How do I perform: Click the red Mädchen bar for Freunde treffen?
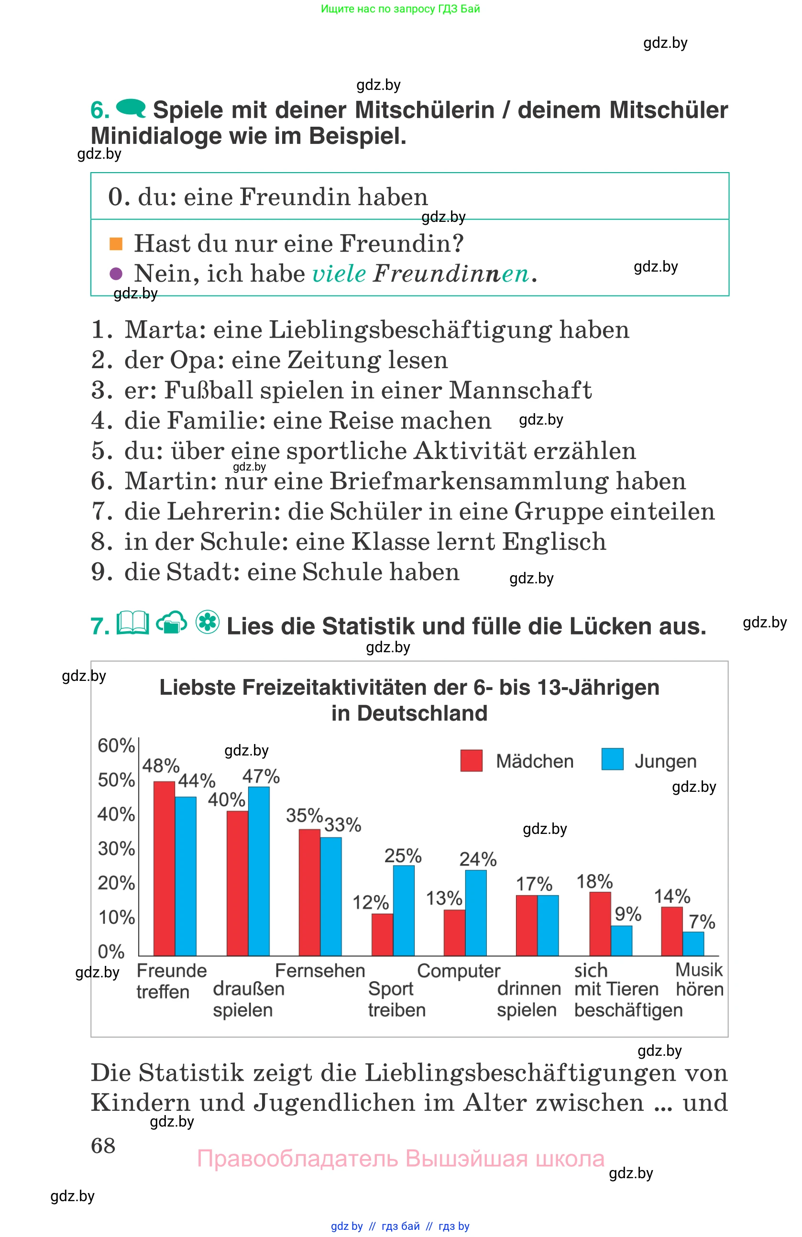click(x=164, y=868)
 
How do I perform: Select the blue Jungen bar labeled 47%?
click(x=258, y=871)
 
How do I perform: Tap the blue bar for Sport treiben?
click(x=403, y=909)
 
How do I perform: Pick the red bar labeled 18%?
click(x=599, y=923)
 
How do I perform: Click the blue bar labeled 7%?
click(x=692, y=943)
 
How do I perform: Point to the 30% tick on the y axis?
click(x=116, y=849)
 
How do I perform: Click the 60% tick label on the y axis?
click(x=116, y=745)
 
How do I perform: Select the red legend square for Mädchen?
click(x=471, y=760)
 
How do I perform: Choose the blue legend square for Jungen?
click(x=612, y=759)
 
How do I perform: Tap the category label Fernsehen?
click(x=319, y=970)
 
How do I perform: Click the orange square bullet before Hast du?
click(x=116, y=244)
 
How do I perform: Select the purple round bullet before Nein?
click(x=116, y=274)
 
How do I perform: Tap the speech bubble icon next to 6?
click(x=131, y=108)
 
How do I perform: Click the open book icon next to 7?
click(x=132, y=623)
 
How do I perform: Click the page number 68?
click(x=103, y=1146)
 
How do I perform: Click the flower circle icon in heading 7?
click(x=208, y=622)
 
